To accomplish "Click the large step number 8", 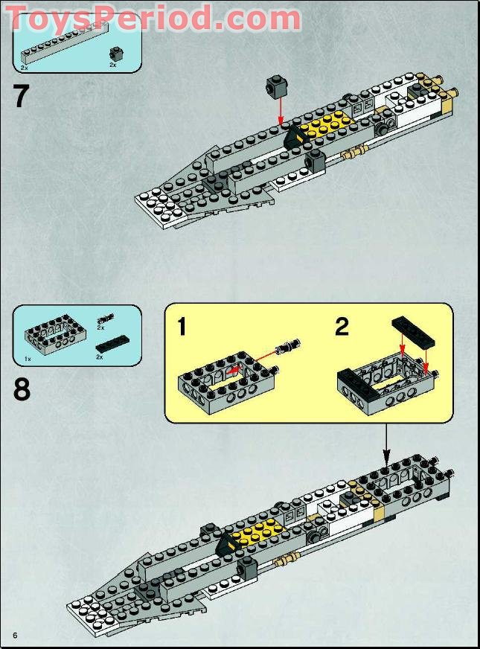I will (22, 389).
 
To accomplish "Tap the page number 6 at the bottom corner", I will (14, 634).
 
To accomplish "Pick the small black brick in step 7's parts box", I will (115, 53).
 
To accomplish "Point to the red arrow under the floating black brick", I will (280, 111).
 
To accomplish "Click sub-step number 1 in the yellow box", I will (182, 327).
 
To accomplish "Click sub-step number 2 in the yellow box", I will (342, 327).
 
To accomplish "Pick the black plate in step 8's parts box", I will (111, 345).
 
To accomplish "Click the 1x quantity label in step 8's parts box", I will (28, 359).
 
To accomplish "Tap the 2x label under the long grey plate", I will (25, 67).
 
